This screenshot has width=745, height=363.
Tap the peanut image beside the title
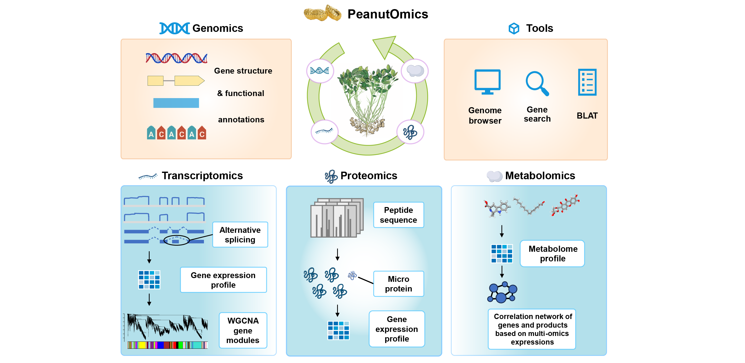[322, 13]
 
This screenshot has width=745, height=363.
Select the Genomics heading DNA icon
[174, 28]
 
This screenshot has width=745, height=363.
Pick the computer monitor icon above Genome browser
[487, 82]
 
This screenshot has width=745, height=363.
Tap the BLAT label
[587, 116]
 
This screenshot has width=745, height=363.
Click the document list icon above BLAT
[587, 82]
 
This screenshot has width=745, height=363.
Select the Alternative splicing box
[240, 235]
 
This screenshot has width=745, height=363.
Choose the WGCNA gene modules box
[243, 330]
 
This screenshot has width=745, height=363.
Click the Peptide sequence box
[398, 215]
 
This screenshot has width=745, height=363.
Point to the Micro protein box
[398, 284]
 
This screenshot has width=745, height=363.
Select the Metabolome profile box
[552, 253]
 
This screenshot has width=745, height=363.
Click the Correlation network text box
[532, 329]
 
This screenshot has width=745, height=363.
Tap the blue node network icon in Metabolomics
[502, 292]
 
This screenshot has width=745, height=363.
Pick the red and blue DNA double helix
[176, 58]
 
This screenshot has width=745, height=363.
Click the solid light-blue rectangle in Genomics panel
[176, 103]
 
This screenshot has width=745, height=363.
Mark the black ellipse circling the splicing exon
[176, 240]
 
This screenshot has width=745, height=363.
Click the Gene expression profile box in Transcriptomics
[223, 280]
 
